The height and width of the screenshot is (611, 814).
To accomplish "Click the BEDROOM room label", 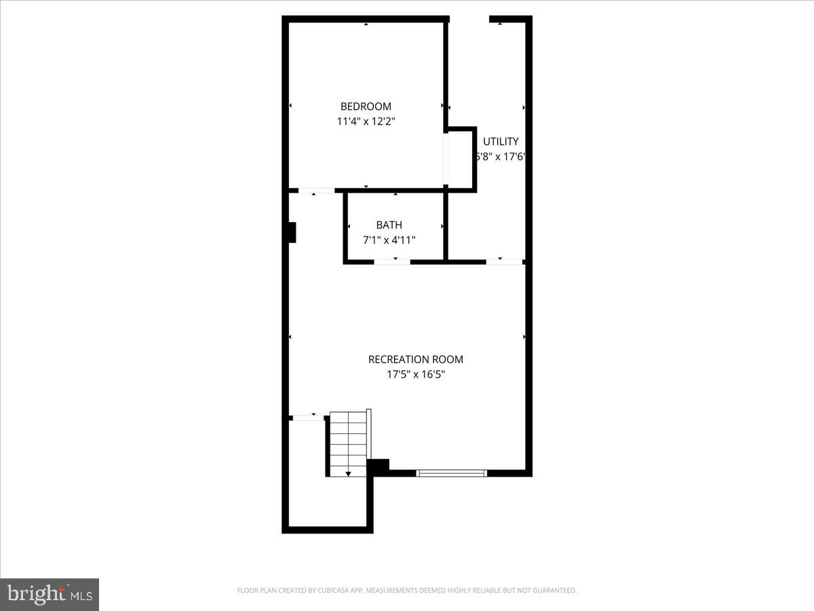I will point(366,107).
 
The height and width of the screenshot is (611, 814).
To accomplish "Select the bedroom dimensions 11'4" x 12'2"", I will point(366,122).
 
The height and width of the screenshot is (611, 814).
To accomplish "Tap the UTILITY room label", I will point(501,141).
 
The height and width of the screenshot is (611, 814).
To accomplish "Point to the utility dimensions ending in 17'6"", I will point(501,156).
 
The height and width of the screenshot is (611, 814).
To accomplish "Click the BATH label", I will point(389,225).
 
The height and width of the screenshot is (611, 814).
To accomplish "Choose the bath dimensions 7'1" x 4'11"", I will point(389,240).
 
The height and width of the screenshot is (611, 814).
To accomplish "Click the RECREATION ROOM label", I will point(415,359).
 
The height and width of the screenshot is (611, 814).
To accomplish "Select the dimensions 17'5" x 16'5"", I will point(415,374).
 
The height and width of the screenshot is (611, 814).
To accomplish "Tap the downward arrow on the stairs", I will point(348,473).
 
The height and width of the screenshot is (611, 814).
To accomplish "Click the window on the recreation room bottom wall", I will point(451,473).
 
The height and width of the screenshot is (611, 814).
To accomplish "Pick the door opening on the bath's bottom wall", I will point(392,261).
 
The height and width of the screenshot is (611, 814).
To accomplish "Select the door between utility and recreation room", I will point(504,261).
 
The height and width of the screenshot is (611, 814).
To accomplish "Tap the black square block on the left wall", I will point(291,232).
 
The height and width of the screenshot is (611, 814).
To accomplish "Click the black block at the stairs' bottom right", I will point(378,466).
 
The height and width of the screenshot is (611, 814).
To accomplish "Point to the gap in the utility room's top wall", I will point(469,19).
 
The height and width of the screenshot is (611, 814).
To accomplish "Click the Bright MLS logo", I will point(50,595).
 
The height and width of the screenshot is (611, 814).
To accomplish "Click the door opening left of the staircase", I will point(307,417).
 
